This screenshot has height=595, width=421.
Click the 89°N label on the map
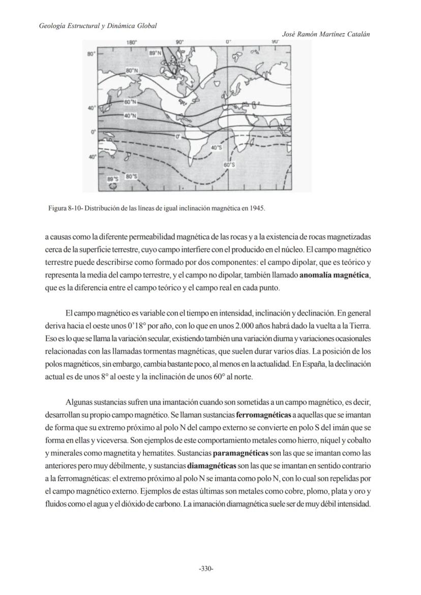coord(155,53)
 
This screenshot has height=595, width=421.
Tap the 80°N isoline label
coord(132,70)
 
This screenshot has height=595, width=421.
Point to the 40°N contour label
coord(130,116)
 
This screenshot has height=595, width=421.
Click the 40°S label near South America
coord(216,147)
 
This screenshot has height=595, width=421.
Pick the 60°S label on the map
coord(229,165)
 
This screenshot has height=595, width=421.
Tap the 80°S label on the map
coord(131,176)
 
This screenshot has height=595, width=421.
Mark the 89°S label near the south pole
coord(112,179)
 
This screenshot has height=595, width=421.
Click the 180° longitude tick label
coord(131,43)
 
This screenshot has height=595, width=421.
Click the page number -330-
coord(205,569)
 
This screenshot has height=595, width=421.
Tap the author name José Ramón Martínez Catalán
coord(325,34)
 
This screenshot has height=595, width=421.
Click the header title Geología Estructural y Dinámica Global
coord(98,25)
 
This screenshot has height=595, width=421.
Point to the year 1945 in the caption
coord(258,208)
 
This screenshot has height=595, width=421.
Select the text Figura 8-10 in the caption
coord(64,208)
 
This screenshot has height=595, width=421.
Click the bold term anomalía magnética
coord(335,275)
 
